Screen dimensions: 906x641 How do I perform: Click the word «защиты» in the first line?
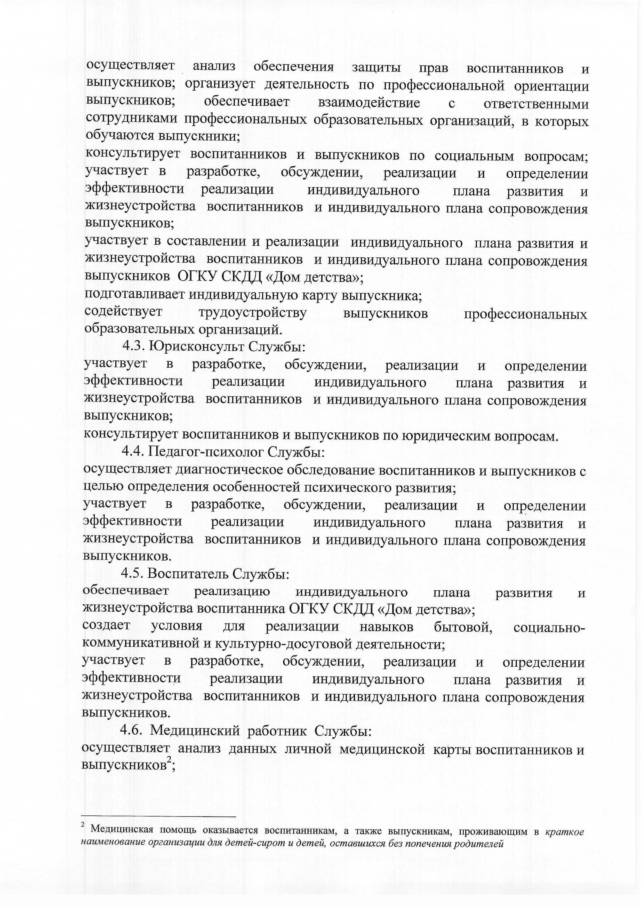pos(376,68)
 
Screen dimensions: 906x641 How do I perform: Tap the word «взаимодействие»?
pos(369,103)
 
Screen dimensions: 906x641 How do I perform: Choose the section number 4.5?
pos(133,573)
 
